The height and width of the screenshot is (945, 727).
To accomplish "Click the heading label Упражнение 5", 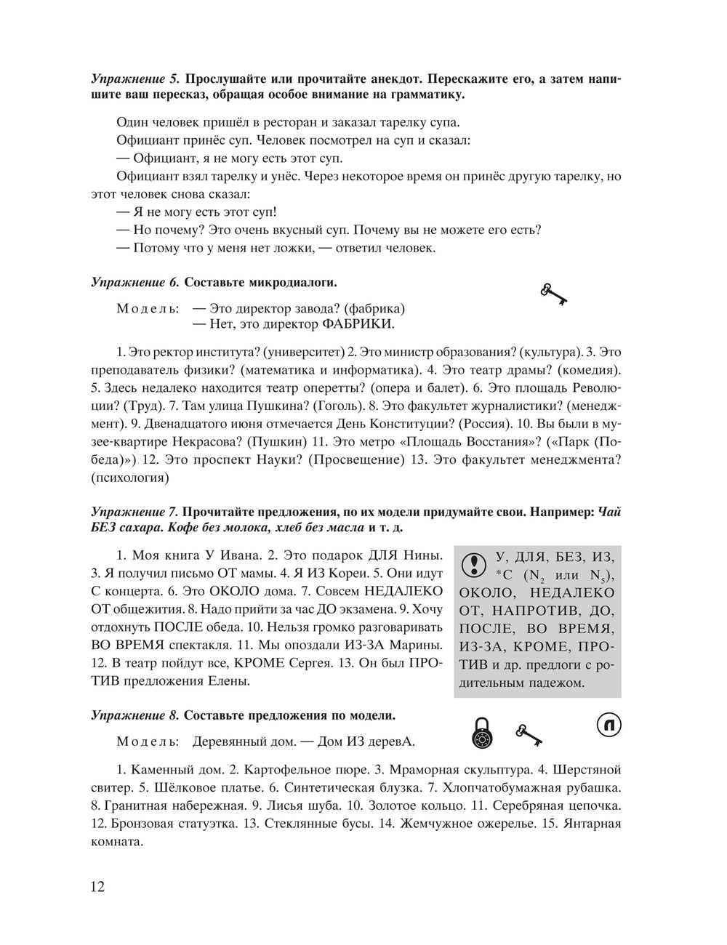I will pos(135,79).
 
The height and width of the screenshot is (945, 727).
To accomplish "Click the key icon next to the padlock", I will pos(529,735).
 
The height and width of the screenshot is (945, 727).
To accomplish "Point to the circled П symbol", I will pos(610,725).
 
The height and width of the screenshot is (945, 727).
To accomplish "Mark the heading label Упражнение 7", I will pos(135,512).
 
